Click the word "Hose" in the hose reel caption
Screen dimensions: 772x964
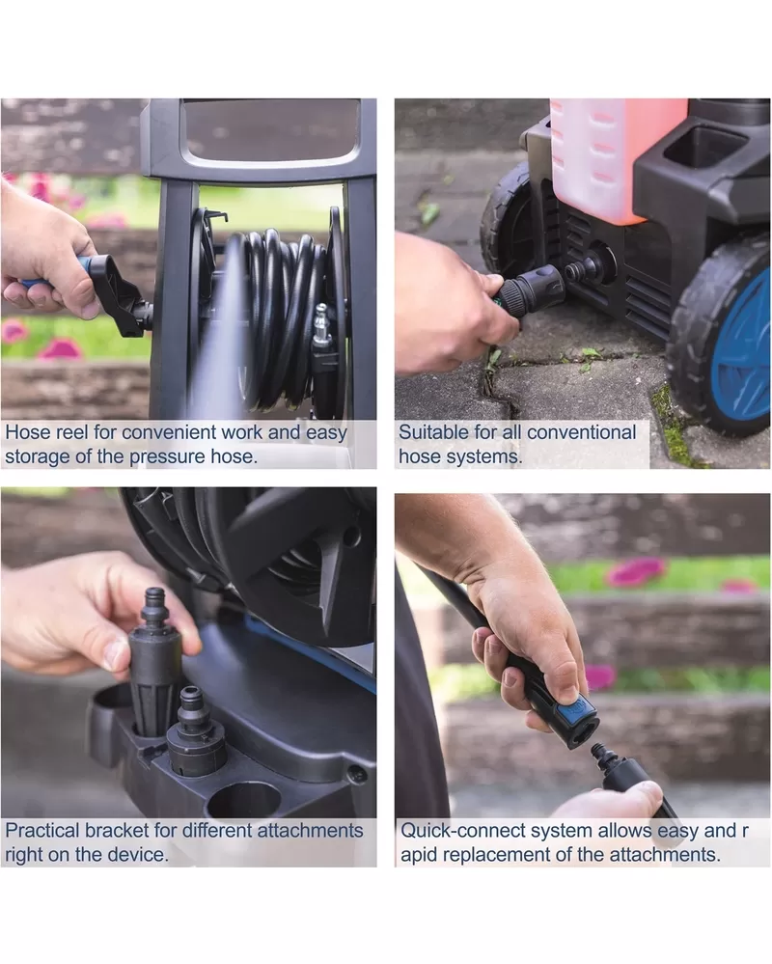tap(28, 432)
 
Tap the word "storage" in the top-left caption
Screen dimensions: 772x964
tap(37, 456)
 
